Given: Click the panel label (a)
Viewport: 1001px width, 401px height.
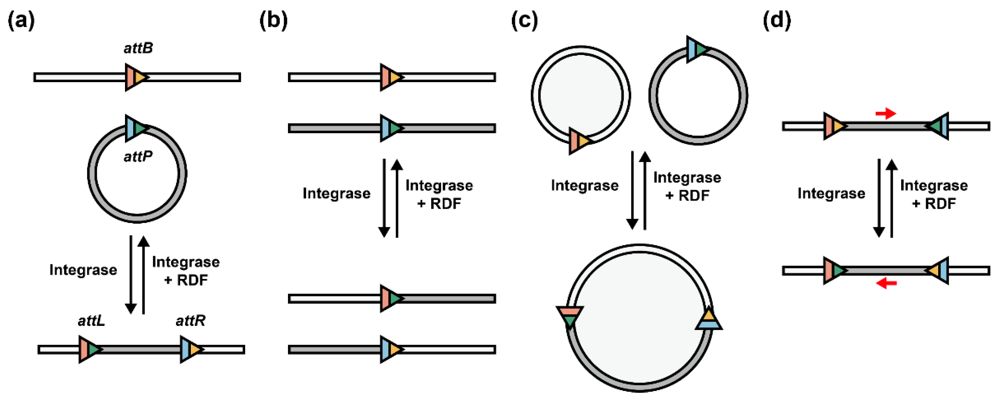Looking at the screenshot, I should click(x=21, y=20).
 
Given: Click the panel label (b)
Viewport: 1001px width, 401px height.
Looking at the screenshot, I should click(x=273, y=20).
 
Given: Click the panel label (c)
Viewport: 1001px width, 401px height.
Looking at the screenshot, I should click(x=524, y=20).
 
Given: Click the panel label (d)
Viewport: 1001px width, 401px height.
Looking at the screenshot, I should click(x=776, y=20).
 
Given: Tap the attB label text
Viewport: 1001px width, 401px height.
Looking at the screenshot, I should click(x=138, y=48).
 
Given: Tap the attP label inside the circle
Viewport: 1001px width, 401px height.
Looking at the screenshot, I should click(x=138, y=156).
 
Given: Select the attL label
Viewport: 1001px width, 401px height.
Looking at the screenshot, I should click(x=91, y=321).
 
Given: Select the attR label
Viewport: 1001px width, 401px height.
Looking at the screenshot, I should click(x=191, y=321).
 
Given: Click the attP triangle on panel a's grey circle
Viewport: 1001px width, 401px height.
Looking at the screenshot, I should click(x=136, y=128).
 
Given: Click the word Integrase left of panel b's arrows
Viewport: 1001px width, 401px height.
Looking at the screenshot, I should click(x=336, y=193).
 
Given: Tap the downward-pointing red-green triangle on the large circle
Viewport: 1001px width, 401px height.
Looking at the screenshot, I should click(x=570, y=316).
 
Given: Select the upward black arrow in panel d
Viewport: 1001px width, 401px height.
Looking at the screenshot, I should click(x=891, y=198).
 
